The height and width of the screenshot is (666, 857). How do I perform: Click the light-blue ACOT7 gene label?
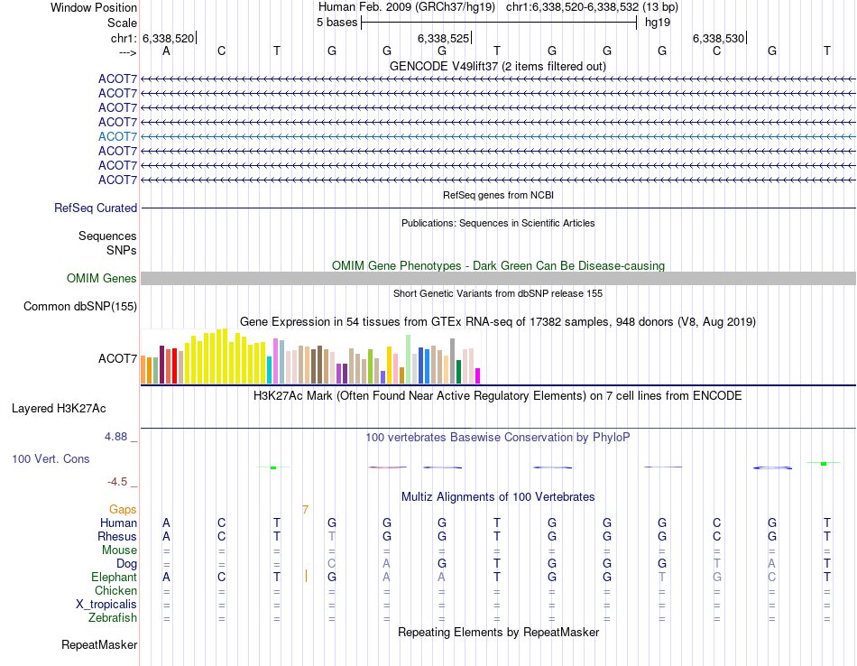[x=117, y=136]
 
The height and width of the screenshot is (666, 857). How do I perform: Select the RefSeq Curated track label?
[x=96, y=208]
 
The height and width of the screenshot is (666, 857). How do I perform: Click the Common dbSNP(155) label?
[x=80, y=307]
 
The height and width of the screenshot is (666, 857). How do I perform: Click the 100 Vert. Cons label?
[x=51, y=459]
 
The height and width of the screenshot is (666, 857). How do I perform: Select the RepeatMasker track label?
[x=99, y=645]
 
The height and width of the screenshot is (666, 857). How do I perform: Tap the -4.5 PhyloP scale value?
[x=118, y=482]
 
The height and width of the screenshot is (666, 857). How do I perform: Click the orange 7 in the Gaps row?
[x=305, y=510]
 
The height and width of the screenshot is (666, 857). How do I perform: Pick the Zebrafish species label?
[x=113, y=618]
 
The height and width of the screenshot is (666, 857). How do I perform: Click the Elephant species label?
[x=114, y=578]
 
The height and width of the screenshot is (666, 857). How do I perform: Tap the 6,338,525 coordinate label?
[x=443, y=38]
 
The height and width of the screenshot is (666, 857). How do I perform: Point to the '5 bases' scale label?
[x=336, y=23]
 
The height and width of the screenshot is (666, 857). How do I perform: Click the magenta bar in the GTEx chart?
[x=478, y=375]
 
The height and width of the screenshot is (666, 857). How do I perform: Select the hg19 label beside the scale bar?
[x=656, y=23]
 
